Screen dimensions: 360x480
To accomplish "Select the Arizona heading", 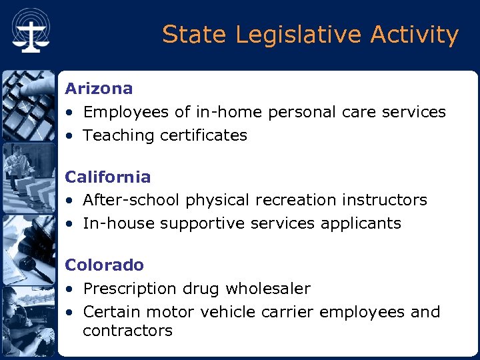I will (x=99, y=88).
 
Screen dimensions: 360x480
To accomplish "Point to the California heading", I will (x=107, y=177).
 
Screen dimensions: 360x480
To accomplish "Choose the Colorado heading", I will (x=104, y=265).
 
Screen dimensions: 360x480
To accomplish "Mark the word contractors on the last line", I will (x=127, y=331).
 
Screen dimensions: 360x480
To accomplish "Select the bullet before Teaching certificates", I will (x=69, y=136).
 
